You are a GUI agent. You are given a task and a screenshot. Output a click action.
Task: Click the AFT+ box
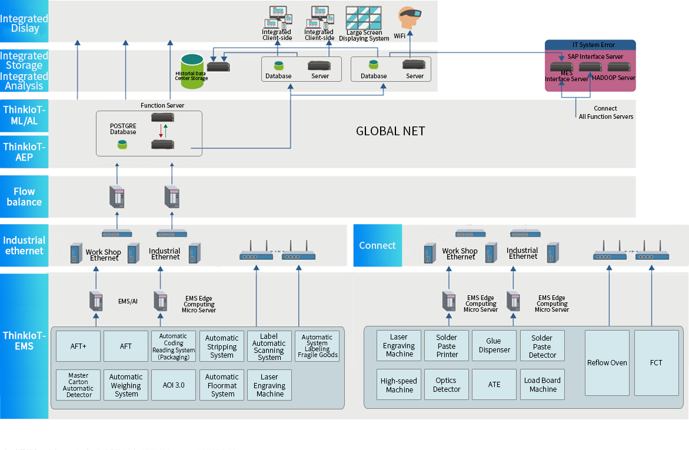click(78, 346)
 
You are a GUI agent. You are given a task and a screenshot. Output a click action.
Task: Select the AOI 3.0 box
click(174, 385)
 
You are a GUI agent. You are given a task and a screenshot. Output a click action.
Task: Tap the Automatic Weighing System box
click(126, 385)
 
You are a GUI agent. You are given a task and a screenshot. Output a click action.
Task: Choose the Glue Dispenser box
click(494, 345)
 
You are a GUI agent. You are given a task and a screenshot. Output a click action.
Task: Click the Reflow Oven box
click(607, 362)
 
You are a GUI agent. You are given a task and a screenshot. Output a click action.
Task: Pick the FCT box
click(656, 362)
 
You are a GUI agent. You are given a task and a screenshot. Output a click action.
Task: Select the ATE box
click(494, 384)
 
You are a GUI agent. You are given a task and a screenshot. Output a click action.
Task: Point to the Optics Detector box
click(446, 384)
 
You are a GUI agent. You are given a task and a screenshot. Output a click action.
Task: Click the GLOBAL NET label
click(390, 131)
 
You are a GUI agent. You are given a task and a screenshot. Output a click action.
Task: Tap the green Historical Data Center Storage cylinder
click(192, 71)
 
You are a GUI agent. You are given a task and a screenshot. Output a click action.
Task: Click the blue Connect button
click(377, 245)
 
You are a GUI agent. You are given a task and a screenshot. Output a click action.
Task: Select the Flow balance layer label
click(24, 196)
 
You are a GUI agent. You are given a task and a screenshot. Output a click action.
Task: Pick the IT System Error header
click(590, 45)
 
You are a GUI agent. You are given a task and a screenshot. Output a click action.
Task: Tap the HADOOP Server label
click(614, 78)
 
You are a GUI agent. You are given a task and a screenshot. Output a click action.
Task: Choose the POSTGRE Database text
click(123, 129)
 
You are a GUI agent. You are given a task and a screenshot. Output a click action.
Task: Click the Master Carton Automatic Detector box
click(78, 385)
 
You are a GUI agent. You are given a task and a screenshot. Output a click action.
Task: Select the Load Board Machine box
click(542, 384)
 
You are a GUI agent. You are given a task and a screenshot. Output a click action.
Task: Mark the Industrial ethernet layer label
click(24, 245)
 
